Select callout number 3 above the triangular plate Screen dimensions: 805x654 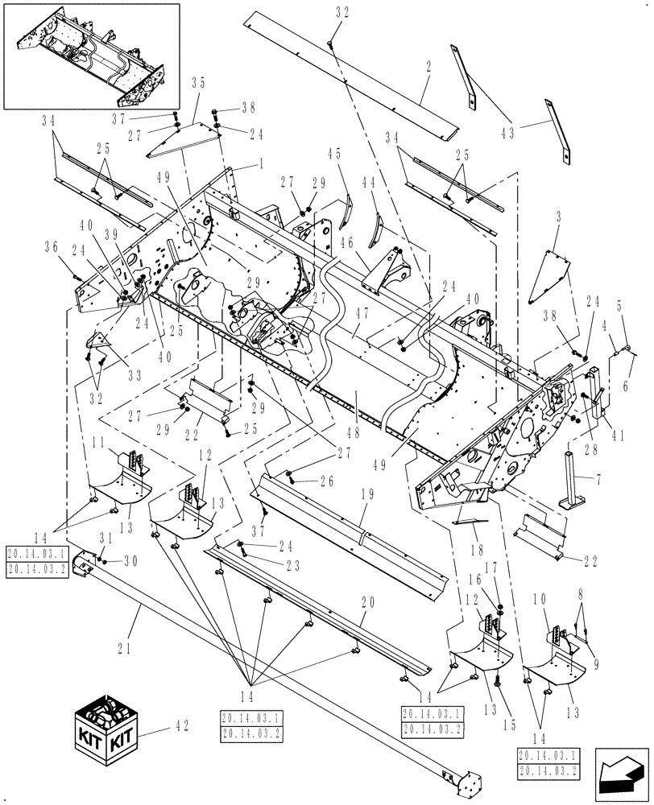(x=556, y=217)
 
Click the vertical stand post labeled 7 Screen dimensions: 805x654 (x=573, y=483)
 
